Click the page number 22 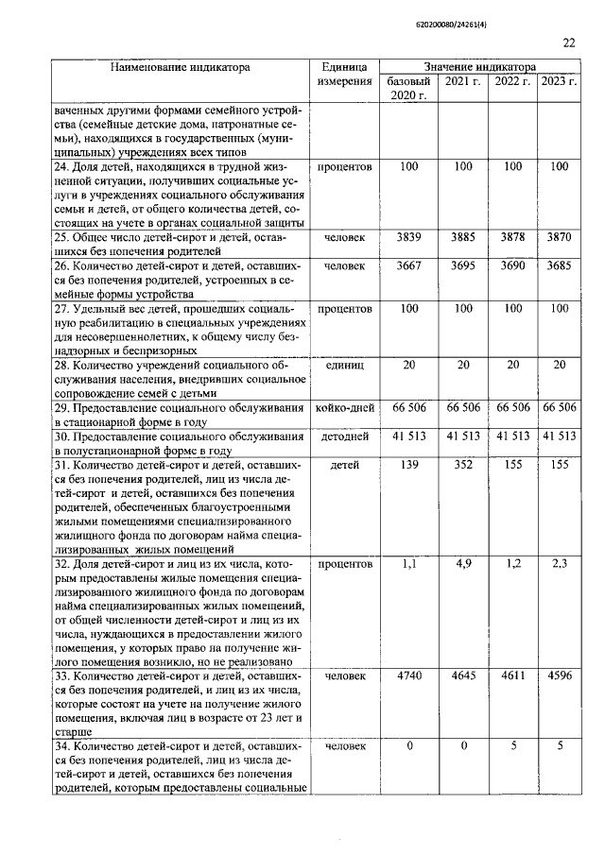coord(568,42)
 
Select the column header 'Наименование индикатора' coord(180,68)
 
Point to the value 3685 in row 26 coord(559,267)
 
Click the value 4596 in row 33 coord(559,676)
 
